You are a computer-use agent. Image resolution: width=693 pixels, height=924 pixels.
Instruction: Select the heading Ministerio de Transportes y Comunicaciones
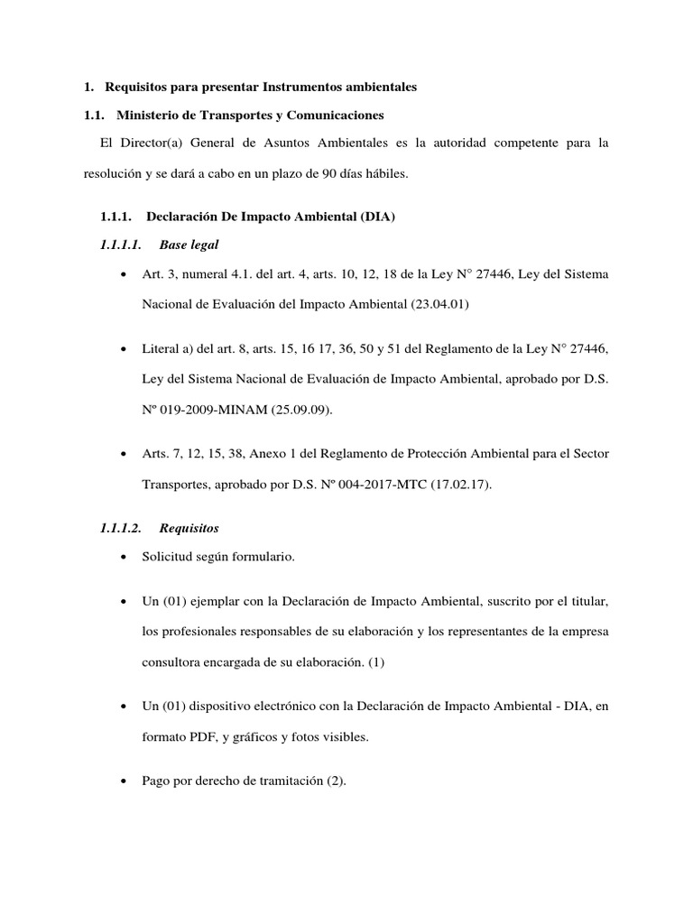(x=250, y=115)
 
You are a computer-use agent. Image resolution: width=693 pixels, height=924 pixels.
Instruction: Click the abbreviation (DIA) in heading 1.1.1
(x=377, y=217)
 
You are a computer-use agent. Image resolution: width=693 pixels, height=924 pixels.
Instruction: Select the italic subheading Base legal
(x=188, y=245)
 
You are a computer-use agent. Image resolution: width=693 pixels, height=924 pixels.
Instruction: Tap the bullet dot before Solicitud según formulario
(x=122, y=558)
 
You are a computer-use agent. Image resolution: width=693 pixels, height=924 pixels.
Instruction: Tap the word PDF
(x=199, y=736)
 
